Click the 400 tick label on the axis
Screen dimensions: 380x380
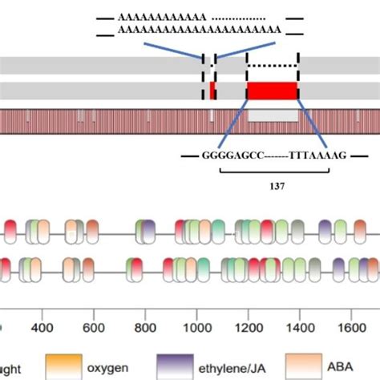point(42,328)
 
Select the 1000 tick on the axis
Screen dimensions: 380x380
point(196,328)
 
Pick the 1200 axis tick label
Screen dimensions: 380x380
point(249,328)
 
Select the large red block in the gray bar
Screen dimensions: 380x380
point(272,91)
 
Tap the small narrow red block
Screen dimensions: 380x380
point(212,91)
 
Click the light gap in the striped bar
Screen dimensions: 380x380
point(273,116)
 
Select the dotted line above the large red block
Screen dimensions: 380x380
point(272,65)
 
